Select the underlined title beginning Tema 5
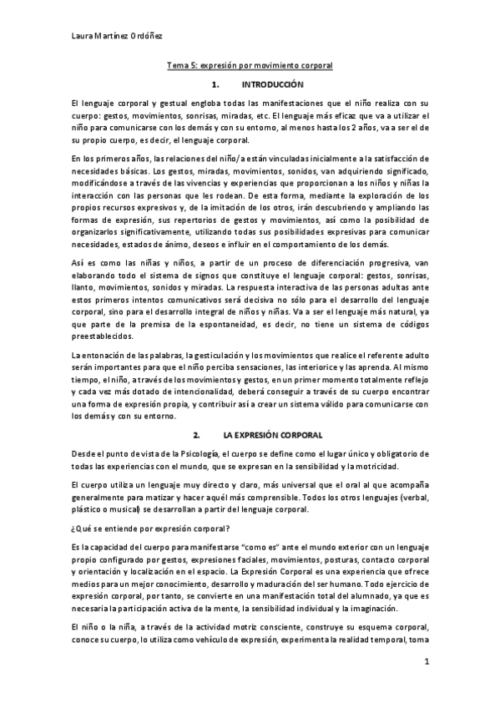pyautogui.click(x=250, y=64)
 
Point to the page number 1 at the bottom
pyautogui.click(x=426, y=661)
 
